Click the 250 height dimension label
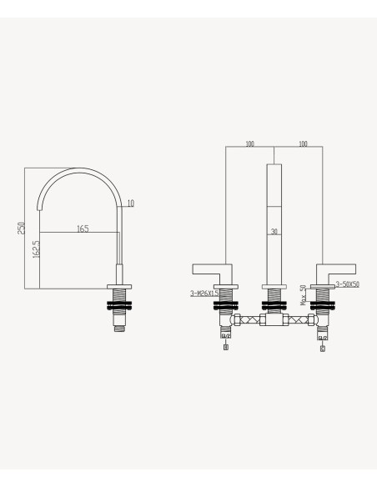22,228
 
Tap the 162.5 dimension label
37,249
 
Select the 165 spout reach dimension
83,228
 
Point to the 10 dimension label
131,203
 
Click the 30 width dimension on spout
274,231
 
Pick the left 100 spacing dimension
249,143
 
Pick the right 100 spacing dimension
303,143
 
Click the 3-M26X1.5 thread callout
204,294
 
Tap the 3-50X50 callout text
348,284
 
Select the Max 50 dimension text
304,295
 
